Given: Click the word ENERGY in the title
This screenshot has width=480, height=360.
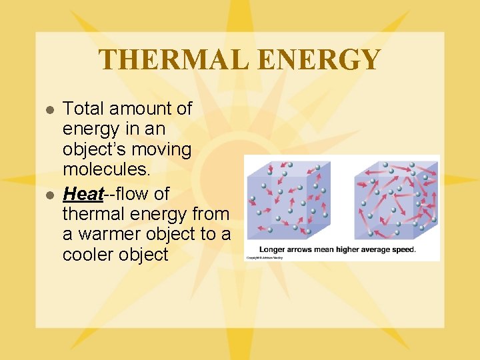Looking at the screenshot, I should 319,60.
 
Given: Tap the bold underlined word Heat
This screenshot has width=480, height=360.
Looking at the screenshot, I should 83,194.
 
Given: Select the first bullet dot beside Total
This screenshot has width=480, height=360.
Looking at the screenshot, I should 49,109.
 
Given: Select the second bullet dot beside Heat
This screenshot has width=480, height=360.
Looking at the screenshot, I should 49,195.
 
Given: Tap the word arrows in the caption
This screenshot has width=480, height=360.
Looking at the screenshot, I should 302,250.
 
